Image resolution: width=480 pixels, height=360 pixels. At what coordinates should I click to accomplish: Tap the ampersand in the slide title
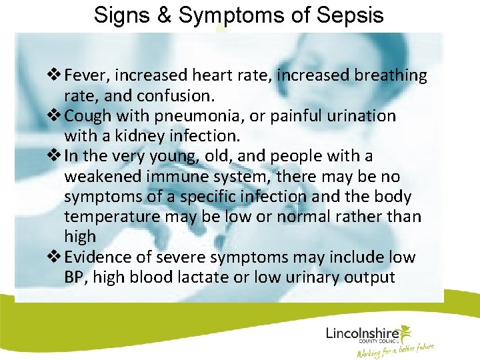(x=163, y=15)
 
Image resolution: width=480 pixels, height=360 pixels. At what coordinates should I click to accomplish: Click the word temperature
(x=106, y=217)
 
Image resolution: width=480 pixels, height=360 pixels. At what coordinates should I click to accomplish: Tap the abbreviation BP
(x=76, y=277)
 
